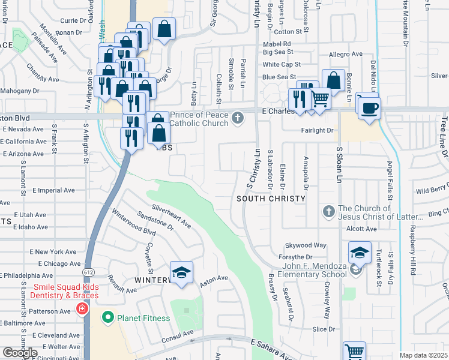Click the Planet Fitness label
coord(144,317)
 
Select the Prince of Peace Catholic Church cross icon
coord(238,118)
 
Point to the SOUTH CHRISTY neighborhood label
coord(267,198)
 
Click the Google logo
coord(20,353)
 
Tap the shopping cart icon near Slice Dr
coord(354,352)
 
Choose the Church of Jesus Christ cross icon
coord(328,211)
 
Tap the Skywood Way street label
coord(305,245)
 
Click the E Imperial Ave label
coord(53,190)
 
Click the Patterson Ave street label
coord(50,311)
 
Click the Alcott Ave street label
coord(361,229)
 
